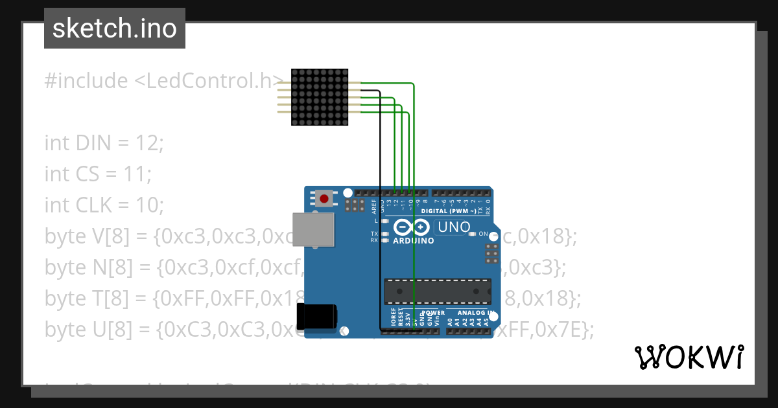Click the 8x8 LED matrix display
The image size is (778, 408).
pyautogui.click(x=319, y=98)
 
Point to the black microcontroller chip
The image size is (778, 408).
pyautogui.click(x=437, y=291)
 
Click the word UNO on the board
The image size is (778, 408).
pyautogui.click(x=454, y=227)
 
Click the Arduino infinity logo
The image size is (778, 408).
pyautogui.click(x=411, y=227)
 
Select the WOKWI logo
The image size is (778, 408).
pyautogui.click(x=689, y=357)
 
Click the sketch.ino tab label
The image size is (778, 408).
pyautogui.click(x=115, y=28)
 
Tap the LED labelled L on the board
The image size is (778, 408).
pyautogui.click(x=386, y=221)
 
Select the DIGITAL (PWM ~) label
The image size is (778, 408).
pyautogui.click(x=449, y=211)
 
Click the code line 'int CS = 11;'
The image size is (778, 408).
pyautogui.click(x=98, y=174)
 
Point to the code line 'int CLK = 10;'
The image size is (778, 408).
pyautogui.click(x=104, y=205)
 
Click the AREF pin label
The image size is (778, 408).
pyautogui.click(x=374, y=207)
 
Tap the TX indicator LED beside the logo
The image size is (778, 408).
pyautogui.click(x=386, y=233)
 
